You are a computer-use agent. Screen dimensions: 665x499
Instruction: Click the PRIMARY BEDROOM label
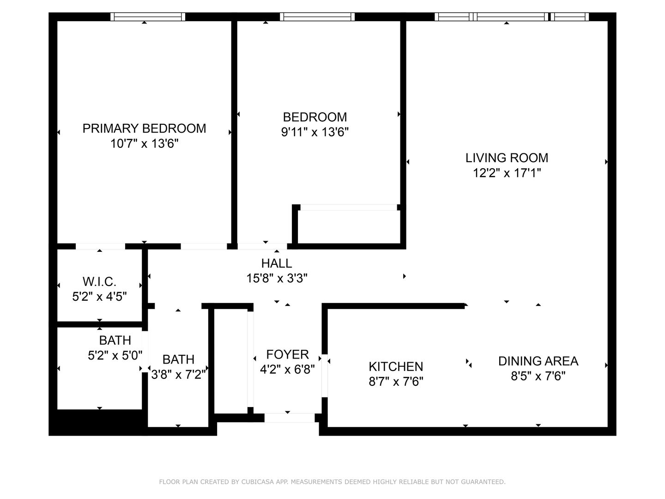click(144, 128)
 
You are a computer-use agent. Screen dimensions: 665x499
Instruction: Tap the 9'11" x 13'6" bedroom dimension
click(315, 132)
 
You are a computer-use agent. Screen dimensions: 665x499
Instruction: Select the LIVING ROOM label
click(507, 158)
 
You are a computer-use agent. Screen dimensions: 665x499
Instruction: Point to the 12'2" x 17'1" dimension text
click(507, 173)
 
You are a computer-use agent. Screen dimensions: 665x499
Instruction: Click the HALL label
click(277, 263)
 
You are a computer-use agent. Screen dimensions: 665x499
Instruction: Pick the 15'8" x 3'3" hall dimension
click(277, 278)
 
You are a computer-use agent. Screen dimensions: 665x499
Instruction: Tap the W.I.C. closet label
click(99, 282)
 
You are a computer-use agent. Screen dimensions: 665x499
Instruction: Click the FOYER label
click(288, 354)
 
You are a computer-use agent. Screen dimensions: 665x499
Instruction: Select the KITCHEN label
click(396, 366)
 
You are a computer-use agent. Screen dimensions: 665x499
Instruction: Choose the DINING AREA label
click(538, 361)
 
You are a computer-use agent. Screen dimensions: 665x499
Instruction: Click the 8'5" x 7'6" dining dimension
click(538, 376)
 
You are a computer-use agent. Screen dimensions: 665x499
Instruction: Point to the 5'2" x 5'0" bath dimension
click(115, 355)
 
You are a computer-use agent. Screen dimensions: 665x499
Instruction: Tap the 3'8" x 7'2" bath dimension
click(178, 375)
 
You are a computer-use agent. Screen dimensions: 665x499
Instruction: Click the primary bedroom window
click(147, 17)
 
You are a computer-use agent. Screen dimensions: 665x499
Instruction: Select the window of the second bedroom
click(317, 17)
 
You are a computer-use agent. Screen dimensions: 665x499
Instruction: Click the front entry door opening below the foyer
click(290, 418)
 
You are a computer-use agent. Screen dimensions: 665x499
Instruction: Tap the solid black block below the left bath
click(98, 422)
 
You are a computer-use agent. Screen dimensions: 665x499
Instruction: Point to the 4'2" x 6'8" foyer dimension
click(288, 370)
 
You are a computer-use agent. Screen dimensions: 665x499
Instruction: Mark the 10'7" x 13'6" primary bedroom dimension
click(144, 143)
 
